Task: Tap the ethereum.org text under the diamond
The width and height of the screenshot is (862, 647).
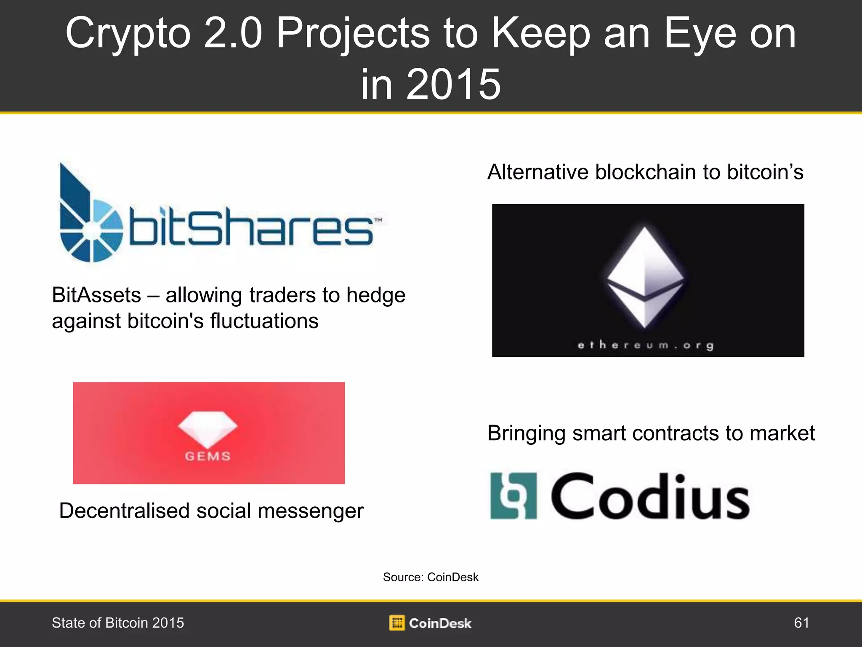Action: [x=646, y=345]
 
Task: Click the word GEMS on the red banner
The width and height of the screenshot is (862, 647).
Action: [x=208, y=456]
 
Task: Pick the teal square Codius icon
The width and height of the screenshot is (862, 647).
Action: [x=514, y=496]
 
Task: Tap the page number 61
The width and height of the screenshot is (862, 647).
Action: [x=801, y=623]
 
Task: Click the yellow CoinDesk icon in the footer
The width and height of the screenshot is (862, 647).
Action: [x=396, y=623]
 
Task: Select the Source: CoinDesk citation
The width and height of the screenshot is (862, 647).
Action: [x=431, y=577]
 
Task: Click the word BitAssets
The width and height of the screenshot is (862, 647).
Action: [x=96, y=295]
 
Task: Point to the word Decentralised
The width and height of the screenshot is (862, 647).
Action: [x=125, y=511]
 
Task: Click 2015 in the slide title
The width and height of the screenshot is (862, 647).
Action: [x=453, y=84]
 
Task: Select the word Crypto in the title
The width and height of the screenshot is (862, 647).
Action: [x=128, y=34]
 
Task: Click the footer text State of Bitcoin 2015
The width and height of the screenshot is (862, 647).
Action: [x=118, y=623]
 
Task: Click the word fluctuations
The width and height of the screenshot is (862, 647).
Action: [x=264, y=321]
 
